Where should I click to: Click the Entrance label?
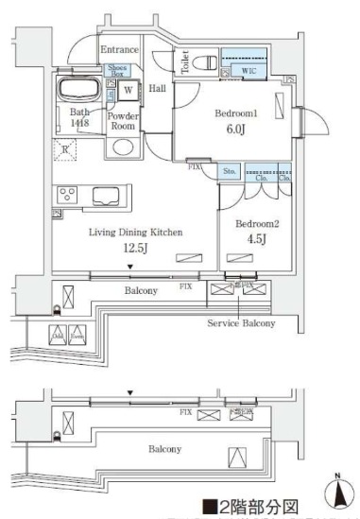(x=121, y=49)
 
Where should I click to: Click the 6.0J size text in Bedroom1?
(x=231, y=132)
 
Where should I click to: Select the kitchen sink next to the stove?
(x=101, y=197)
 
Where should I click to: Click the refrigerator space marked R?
(x=65, y=148)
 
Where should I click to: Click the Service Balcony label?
(x=241, y=323)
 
